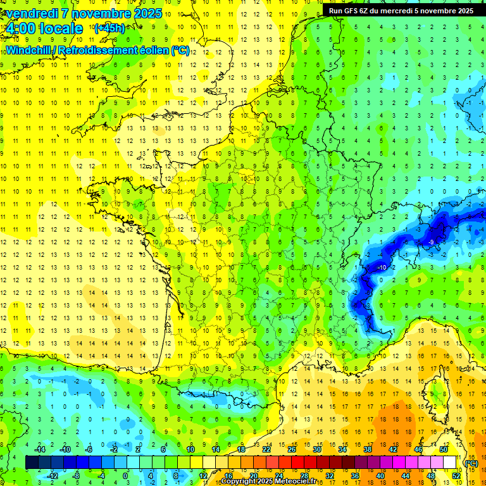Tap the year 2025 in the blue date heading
pos(148,13)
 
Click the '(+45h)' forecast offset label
pos(109,28)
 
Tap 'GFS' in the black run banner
pos(351,11)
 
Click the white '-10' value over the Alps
pos(382,268)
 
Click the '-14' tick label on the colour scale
pos(41,449)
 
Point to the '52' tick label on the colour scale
pos(456,476)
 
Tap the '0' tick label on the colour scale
pos(125,476)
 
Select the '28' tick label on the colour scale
pos(304,476)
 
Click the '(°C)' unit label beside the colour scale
pos(471,463)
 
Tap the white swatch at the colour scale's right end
pos(449,463)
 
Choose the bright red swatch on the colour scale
pos(297,463)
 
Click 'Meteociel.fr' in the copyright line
pos(290,482)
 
